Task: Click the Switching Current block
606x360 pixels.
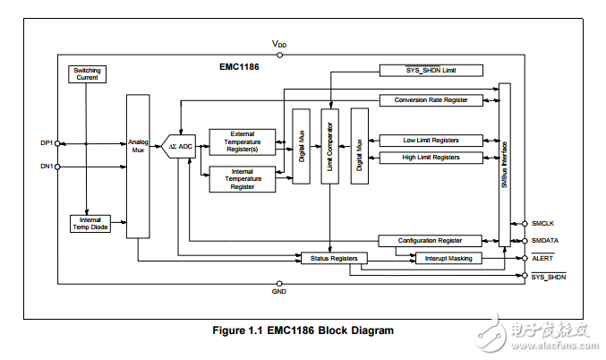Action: pyautogui.click(x=87, y=74)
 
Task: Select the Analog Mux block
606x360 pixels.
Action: pyautogui.click(x=138, y=166)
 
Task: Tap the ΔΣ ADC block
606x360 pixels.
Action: pyautogui.click(x=182, y=146)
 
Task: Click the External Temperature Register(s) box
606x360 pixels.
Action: pyautogui.click(x=243, y=141)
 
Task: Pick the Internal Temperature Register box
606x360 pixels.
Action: pyautogui.click(x=243, y=179)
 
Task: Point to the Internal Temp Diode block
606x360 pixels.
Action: pyautogui.click(x=87, y=225)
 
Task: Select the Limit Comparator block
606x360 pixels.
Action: pyautogui.click(x=330, y=146)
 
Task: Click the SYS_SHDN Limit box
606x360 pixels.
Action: pyautogui.click(x=431, y=70)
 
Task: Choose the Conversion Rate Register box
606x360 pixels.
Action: pyautogui.click(x=431, y=100)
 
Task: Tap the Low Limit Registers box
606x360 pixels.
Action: pyautogui.click(x=431, y=141)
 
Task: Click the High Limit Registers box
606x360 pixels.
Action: pyautogui.click(x=431, y=158)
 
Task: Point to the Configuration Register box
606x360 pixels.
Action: pyautogui.click(x=431, y=240)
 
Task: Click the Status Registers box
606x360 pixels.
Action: pyautogui.click(x=333, y=258)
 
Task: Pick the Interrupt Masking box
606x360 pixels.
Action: pyautogui.click(x=448, y=258)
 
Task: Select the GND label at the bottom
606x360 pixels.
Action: pyautogui.click(x=279, y=293)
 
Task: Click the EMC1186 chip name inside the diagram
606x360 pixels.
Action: pyautogui.click(x=239, y=66)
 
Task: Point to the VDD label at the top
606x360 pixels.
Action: pyautogui.click(x=279, y=44)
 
